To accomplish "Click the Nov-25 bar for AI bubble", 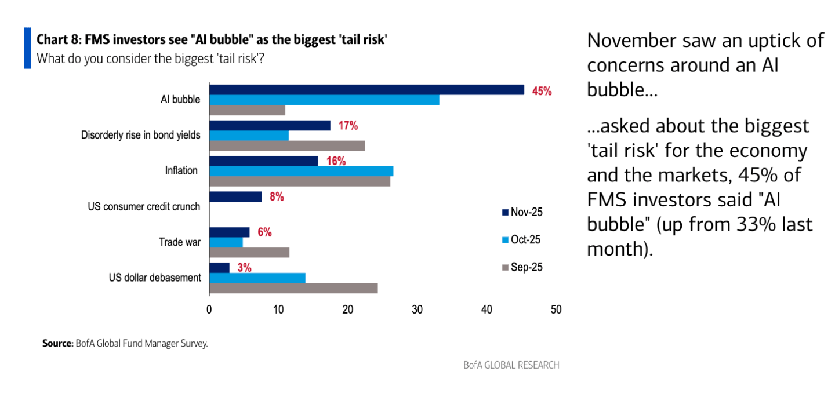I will (366, 90).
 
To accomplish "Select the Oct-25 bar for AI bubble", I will (324, 100).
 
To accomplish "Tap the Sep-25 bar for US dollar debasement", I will (293, 288).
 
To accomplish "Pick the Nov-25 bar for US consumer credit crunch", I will (235, 196).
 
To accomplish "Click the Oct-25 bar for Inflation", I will (301, 171).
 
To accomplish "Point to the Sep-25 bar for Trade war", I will (249, 252).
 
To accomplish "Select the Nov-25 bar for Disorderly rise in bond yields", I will (270, 125).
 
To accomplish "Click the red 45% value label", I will (542, 91).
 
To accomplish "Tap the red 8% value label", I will (276, 197).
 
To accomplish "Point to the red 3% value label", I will (244, 268).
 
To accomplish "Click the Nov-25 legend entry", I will (522, 213).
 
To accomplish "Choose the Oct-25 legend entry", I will (522, 240).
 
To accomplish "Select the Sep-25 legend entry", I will (522, 267).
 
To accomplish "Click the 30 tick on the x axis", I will (418, 309).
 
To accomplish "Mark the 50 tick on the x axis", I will (556, 309).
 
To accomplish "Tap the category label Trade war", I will (180, 242).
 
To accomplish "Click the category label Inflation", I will (181, 171).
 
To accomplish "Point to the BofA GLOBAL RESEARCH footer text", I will (511, 365).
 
